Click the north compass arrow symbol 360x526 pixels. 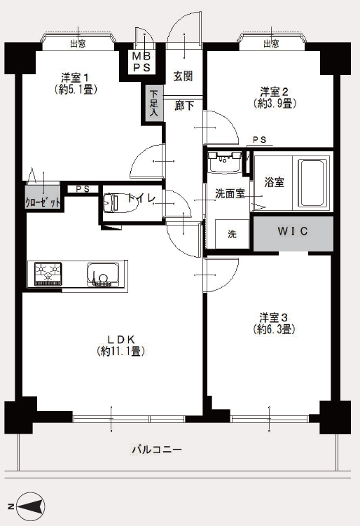tap(32, 506)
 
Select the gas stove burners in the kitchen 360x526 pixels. tap(48, 274)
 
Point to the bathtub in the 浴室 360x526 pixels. tap(313, 183)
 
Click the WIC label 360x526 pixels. tap(293, 231)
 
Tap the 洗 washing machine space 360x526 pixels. tap(232, 234)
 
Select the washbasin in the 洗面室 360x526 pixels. tap(224, 162)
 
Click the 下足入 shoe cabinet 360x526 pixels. tap(153, 103)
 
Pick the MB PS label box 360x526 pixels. tap(142, 62)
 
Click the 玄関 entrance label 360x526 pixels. tap(184, 76)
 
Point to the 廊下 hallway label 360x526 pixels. tap(184, 106)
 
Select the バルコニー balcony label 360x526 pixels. tap(157, 449)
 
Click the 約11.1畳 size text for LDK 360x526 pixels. tap(120, 351)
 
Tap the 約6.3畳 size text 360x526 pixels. tap(275, 329)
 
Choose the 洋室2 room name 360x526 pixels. tap(275, 91)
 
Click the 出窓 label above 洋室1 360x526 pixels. tap(78, 43)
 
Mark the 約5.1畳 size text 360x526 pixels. tap(76, 90)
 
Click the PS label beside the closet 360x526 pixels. tap(83, 189)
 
